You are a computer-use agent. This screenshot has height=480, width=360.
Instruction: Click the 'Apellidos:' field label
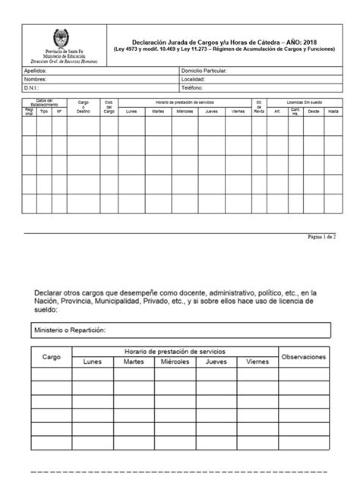[37, 70]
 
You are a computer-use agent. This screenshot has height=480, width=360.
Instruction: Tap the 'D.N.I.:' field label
[33, 87]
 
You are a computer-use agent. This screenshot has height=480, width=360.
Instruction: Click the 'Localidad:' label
[194, 78]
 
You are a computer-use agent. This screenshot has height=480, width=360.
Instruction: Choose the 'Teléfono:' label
[193, 87]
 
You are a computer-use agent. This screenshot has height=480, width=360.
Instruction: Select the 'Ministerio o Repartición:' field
[69, 330]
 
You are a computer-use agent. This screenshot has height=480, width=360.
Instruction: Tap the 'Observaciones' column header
[304, 356]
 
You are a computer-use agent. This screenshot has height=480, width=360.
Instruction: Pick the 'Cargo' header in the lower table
[52, 356]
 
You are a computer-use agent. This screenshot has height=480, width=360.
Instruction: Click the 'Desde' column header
[314, 111]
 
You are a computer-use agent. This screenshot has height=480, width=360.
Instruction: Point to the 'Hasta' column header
[333, 111]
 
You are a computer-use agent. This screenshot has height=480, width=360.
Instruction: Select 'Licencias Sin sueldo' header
[304, 101]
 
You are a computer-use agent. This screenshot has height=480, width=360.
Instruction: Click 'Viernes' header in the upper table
[238, 111]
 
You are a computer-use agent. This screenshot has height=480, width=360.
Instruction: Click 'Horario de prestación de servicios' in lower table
[175, 351]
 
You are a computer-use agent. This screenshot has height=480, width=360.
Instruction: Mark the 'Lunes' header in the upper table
[131, 111]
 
